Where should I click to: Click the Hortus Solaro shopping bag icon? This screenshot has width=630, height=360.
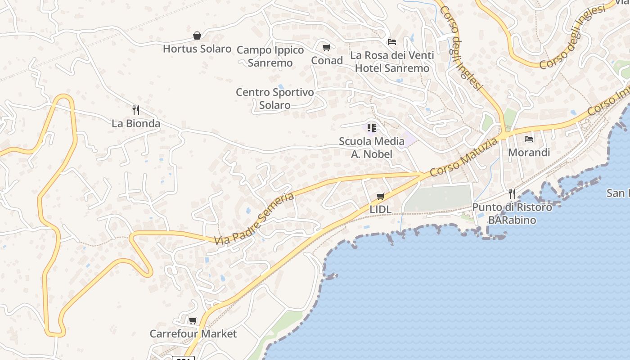197,36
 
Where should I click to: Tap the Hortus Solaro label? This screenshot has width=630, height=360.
197,49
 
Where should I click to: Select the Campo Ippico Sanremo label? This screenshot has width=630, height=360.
270,56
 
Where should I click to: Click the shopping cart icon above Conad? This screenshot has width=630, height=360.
327,47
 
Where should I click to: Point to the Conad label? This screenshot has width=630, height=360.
327,60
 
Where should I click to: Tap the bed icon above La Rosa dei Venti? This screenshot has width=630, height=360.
392,42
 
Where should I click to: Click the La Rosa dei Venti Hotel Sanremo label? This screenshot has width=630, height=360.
392,62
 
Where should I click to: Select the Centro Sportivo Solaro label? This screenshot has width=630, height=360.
275,99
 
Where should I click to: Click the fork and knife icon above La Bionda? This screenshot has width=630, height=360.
136,110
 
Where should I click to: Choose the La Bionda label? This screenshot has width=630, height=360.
136,123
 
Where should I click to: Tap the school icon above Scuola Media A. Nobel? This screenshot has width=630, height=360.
372,128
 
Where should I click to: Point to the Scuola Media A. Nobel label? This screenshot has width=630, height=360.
372,148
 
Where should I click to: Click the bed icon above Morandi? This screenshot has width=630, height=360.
529,139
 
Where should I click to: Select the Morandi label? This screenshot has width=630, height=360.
529,153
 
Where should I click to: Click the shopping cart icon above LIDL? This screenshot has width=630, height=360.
381,196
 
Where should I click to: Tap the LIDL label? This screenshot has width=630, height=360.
381,209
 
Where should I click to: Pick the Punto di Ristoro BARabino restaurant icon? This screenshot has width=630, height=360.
512,194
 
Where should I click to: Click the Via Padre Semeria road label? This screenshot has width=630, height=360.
254,219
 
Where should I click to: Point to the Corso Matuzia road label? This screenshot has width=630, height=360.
464,157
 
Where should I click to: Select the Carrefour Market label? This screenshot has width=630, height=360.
193,334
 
